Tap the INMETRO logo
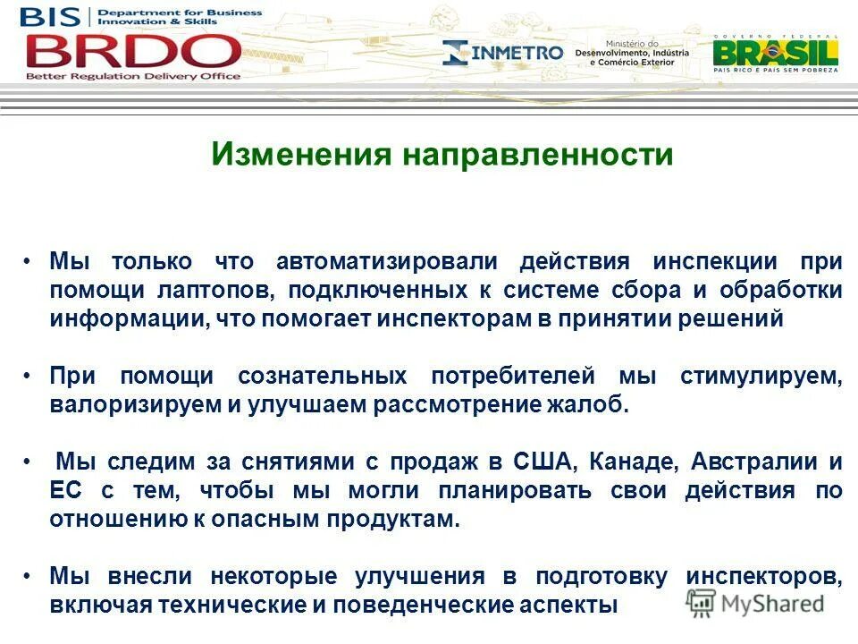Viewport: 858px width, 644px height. tap(503, 53)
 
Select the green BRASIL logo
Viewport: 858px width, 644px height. tap(775, 53)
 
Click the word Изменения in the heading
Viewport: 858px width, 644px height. tap(301, 155)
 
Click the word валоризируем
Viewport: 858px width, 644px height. tap(134, 405)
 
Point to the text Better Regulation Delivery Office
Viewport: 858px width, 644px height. tap(132, 76)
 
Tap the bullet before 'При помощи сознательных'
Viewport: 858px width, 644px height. tap(28, 375)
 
